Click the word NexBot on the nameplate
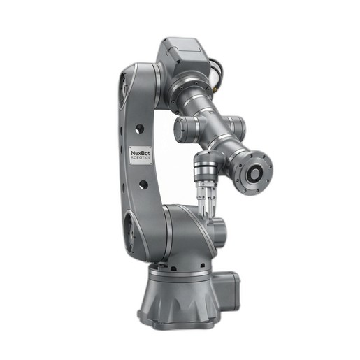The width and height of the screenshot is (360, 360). tap(141, 153)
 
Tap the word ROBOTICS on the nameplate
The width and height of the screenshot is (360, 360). tap(141, 158)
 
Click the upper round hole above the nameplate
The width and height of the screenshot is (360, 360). tap(140, 129)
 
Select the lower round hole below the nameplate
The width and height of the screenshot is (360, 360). tap(143, 185)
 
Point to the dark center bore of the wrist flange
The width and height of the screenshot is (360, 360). tap(254, 173)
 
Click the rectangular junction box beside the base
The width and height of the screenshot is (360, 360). tap(226, 289)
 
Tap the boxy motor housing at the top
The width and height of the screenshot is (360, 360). tap(184, 55)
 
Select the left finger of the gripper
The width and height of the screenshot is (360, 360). tap(202, 200)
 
